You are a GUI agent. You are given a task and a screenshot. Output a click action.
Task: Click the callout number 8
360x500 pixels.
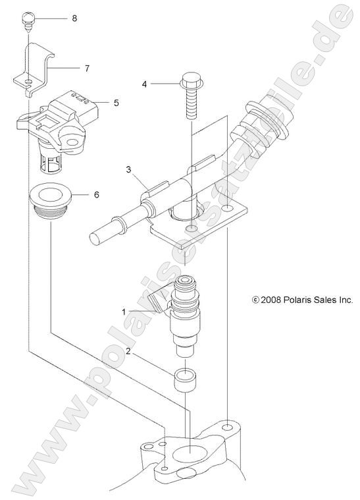(x=74, y=18)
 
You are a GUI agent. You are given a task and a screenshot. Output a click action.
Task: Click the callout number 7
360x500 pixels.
(x=87, y=68)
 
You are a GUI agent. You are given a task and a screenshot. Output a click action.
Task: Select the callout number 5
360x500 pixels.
(x=116, y=103)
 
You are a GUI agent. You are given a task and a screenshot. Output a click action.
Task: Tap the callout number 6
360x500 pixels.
(x=96, y=195)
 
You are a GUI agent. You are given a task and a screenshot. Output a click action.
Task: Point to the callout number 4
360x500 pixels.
(x=144, y=84)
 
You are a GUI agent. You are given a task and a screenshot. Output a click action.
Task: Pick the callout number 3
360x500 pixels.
(x=130, y=169)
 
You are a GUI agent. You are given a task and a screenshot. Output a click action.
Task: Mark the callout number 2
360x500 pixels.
(x=130, y=352)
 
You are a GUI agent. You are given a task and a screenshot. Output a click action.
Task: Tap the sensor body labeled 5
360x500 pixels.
(x=56, y=119)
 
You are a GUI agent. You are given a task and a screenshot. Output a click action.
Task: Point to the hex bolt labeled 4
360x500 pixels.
(x=190, y=96)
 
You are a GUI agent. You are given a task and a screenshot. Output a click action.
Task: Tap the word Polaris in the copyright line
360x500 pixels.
(x=303, y=299)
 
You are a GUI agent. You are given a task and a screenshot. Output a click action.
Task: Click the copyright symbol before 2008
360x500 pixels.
(x=256, y=299)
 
